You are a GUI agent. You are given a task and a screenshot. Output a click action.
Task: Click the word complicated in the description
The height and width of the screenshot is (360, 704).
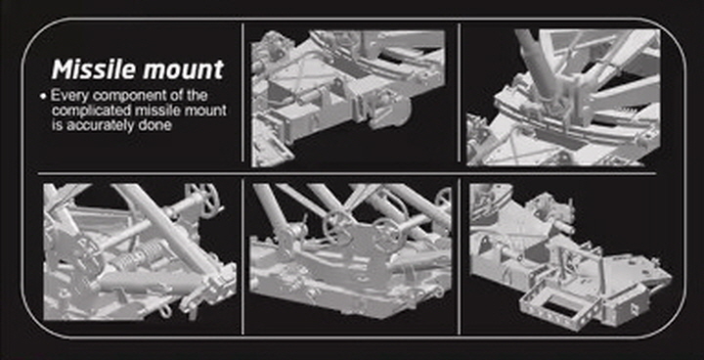(92, 111)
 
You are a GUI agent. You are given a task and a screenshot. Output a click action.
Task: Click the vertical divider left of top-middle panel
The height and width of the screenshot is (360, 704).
(242, 96)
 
